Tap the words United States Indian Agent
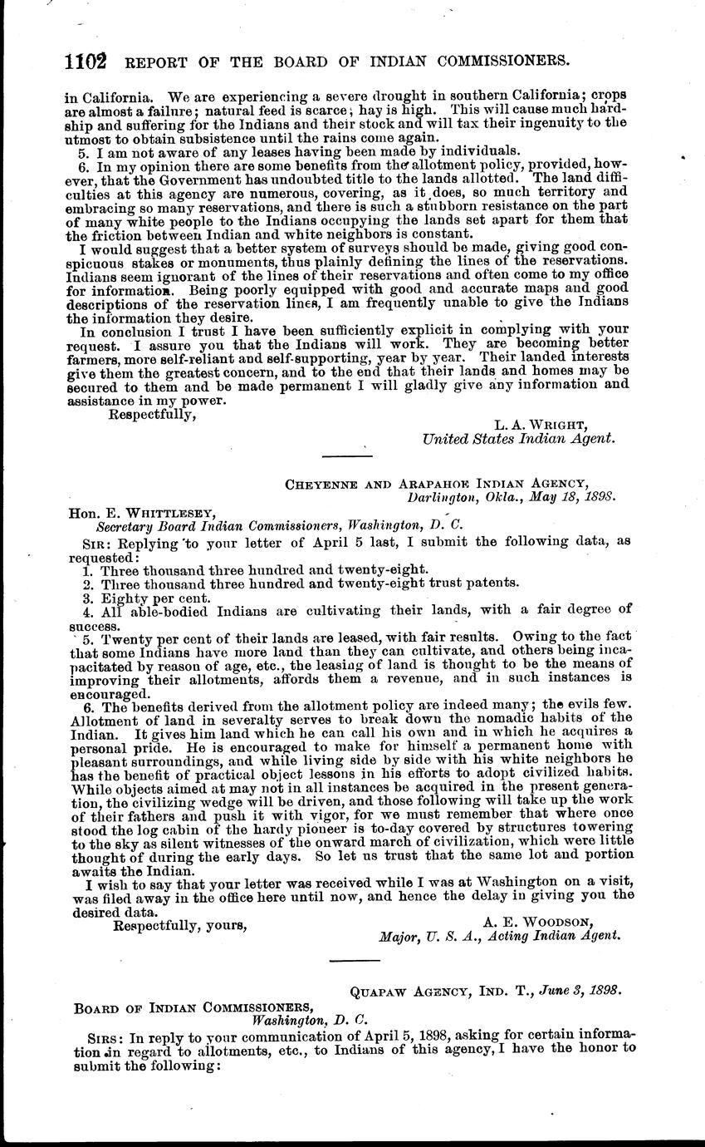coord(518,439)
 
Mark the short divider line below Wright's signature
coord(346,454)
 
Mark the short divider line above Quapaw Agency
coord(355,961)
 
